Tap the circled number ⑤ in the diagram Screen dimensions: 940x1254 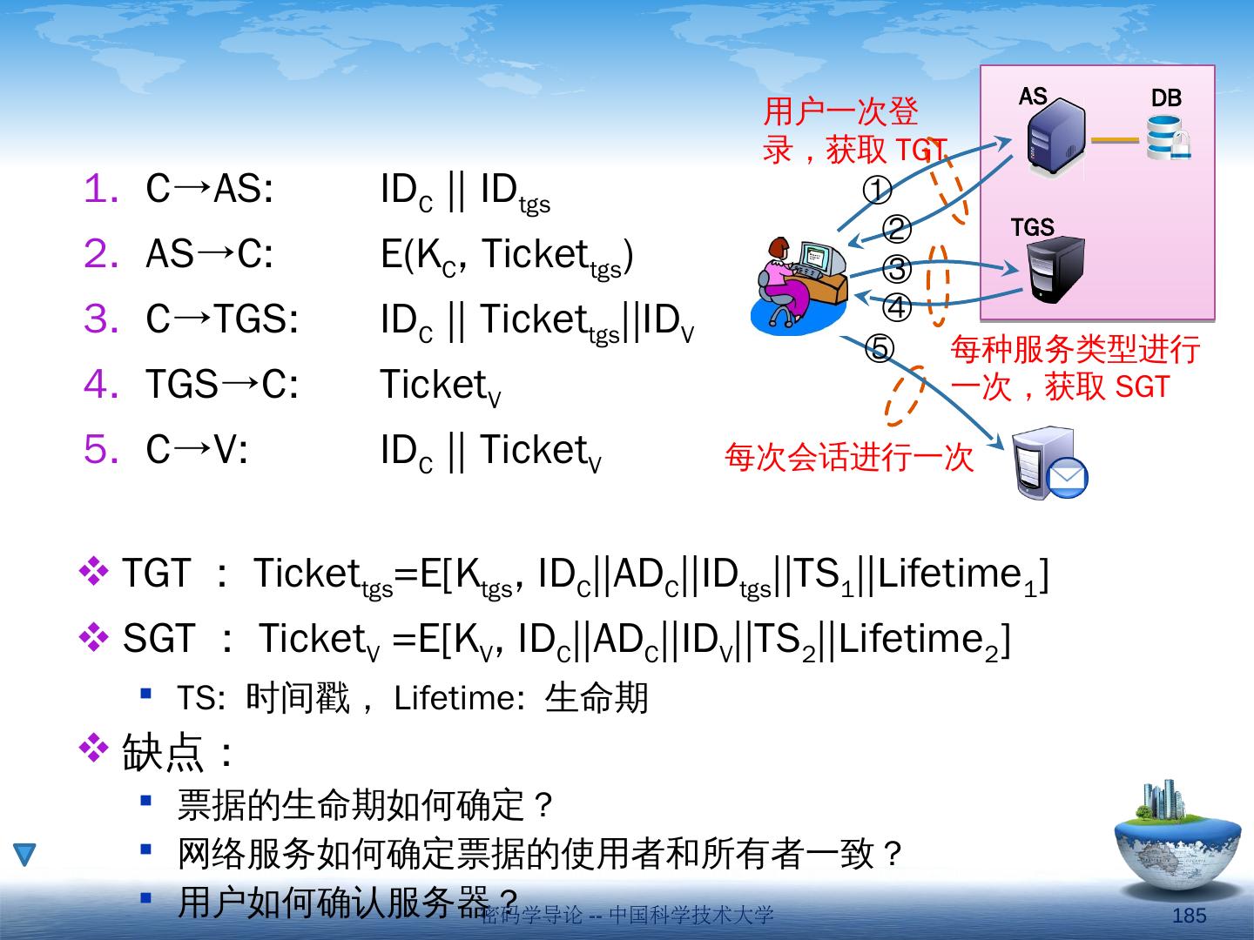click(879, 348)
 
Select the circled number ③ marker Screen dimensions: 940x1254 click(898, 269)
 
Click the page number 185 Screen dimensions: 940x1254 click(1190, 916)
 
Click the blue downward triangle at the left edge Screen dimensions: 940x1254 click(24, 855)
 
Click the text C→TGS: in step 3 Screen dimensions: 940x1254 click(222, 319)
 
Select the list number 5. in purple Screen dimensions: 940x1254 click(101, 450)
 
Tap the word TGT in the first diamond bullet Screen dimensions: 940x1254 click(156, 574)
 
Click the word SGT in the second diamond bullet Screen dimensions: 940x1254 click(159, 640)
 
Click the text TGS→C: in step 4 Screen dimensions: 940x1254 click(222, 385)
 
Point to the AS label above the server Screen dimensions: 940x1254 click(1033, 96)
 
